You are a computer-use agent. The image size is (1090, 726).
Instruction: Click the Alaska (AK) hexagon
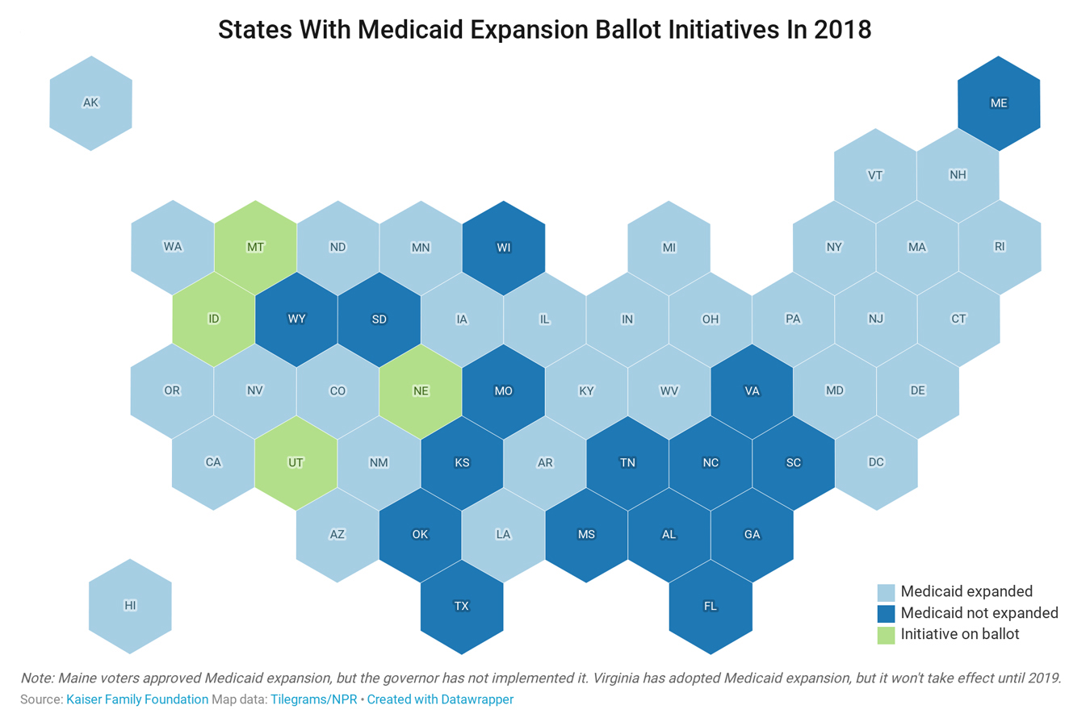point(90,103)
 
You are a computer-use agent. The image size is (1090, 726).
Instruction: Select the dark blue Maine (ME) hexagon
point(999,103)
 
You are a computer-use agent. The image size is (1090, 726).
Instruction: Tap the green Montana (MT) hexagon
point(255,247)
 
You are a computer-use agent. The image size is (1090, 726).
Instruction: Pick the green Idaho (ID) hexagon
point(214,319)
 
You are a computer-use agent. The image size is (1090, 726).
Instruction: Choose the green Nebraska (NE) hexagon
point(421,391)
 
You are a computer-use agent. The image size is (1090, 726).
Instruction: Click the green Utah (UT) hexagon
point(296,463)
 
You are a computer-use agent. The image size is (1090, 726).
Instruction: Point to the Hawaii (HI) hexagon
point(130,606)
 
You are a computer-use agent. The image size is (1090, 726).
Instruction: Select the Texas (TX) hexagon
point(462,607)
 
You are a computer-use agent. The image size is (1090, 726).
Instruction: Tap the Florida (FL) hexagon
point(711,607)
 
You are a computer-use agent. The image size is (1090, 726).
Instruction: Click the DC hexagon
point(876,463)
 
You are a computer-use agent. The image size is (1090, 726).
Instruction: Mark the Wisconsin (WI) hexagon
point(504,248)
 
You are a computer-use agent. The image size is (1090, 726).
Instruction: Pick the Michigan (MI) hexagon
point(669,248)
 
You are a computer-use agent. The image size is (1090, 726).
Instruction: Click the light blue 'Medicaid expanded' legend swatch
point(886,592)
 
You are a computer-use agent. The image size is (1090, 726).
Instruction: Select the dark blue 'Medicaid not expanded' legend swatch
point(886,614)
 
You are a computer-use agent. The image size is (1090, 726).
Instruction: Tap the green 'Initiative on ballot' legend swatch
point(886,635)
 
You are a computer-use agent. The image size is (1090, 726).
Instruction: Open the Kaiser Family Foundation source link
point(137,699)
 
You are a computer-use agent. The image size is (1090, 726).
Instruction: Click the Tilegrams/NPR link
point(313,699)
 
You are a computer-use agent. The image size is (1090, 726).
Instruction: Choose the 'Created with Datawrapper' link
point(440,699)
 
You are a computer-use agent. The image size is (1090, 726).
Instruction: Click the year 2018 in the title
point(842,30)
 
